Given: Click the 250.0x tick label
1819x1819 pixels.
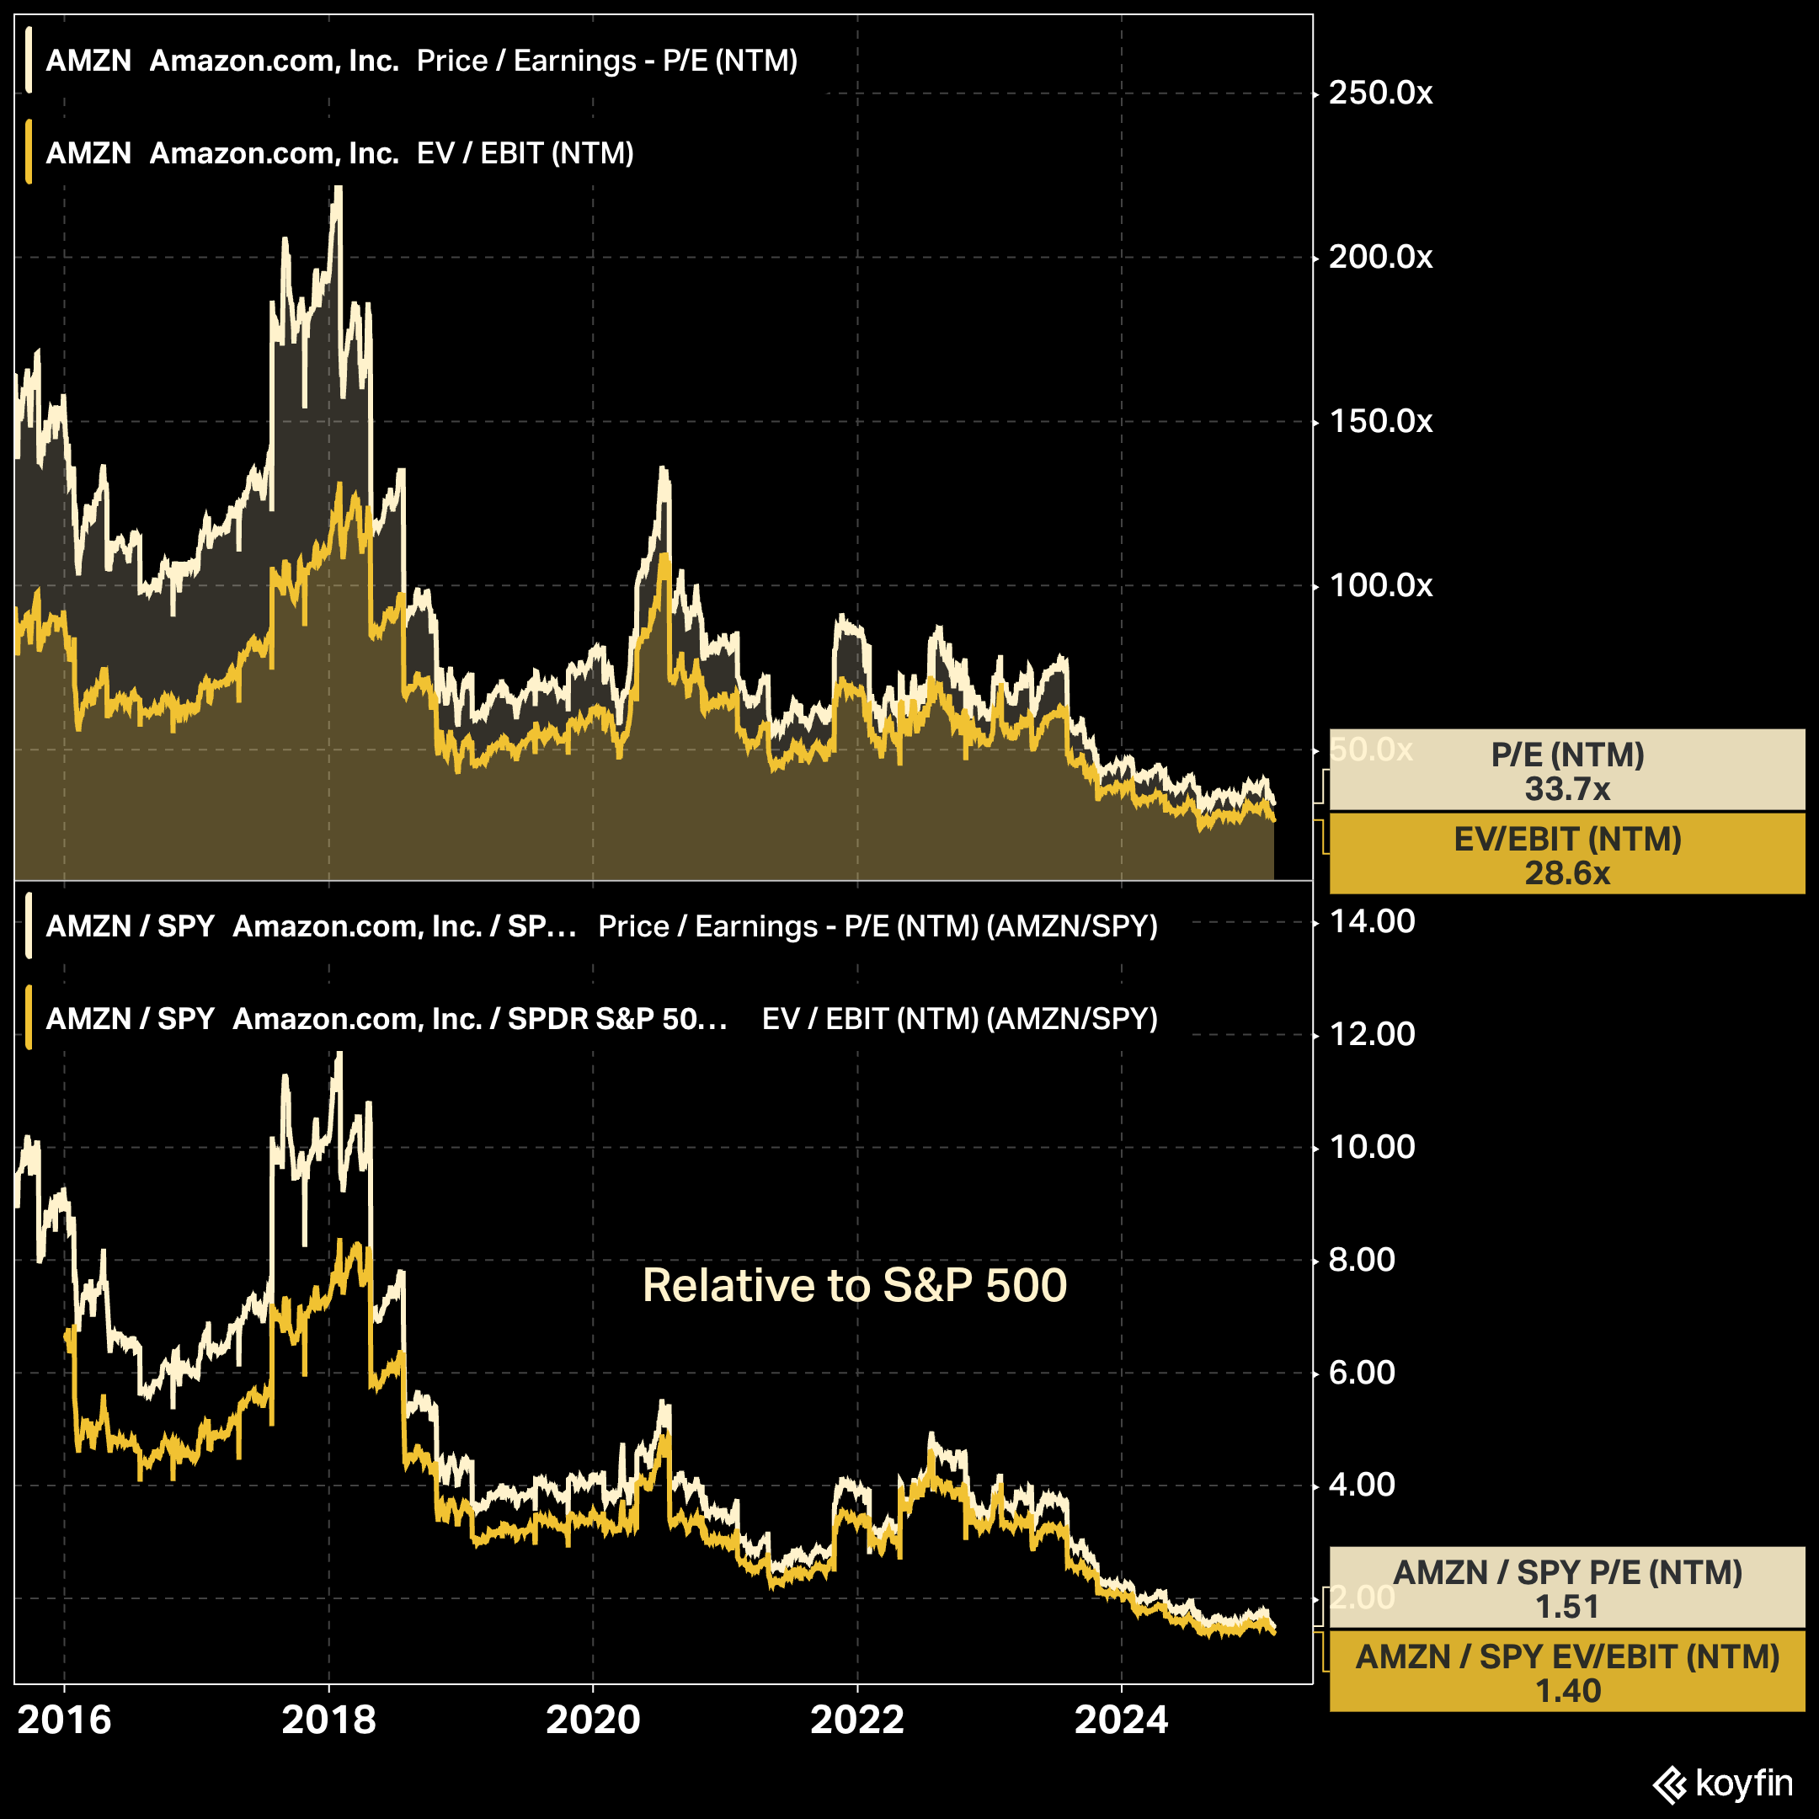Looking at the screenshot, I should (x=1380, y=93).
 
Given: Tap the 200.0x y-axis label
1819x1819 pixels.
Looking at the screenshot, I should (x=1380, y=257).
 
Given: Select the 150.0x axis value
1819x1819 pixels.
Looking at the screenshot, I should (x=1380, y=421).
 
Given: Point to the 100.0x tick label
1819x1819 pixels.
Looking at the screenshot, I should (x=1380, y=585).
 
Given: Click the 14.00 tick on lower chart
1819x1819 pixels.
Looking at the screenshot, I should (x=1372, y=920).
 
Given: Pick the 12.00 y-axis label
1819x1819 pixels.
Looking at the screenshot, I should (x=1372, y=1034).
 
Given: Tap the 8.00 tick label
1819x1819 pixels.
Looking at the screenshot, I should (x=1362, y=1260).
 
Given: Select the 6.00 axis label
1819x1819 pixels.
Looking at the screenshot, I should (x=1362, y=1373).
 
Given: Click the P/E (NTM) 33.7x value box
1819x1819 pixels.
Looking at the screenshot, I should (x=1566, y=771).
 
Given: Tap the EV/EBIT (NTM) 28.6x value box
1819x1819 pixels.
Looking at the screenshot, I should (x=1566, y=855).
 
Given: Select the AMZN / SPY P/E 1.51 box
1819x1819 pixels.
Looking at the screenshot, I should (x=1566, y=1588).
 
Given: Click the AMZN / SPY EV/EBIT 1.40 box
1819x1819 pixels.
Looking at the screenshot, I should (x=1566, y=1673).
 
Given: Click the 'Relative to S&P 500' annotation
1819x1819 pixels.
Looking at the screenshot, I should (x=854, y=1285).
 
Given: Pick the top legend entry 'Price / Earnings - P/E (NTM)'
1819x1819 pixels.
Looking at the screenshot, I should (x=607, y=61).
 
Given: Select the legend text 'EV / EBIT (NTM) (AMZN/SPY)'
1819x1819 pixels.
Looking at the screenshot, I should (x=959, y=1019).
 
